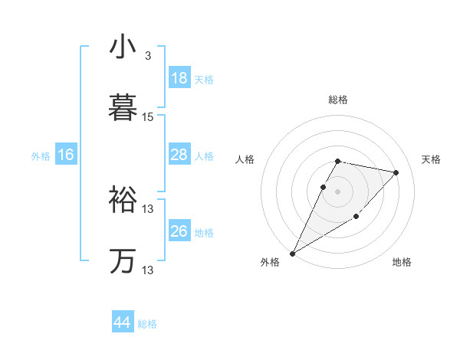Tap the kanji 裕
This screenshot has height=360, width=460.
[x=123, y=200]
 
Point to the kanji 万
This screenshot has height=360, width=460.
[x=123, y=261]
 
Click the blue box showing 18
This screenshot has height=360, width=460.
[x=179, y=78]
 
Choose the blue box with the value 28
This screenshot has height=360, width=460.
[x=179, y=155]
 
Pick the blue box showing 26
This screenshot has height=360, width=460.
[x=179, y=231]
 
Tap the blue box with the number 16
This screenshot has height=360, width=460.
[x=66, y=155]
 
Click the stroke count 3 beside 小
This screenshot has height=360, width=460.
[x=147, y=56]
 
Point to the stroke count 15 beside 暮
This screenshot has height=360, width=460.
[x=148, y=117]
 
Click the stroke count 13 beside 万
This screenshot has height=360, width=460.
[x=148, y=270]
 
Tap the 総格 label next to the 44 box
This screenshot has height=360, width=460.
[x=147, y=324]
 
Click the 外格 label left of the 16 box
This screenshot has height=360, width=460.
[x=41, y=156]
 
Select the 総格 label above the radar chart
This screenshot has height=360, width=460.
[x=338, y=100]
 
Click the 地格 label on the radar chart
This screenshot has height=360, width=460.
[x=402, y=262]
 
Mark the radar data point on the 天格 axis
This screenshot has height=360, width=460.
[x=396, y=172]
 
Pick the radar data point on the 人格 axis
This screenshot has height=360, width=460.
[x=324, y=187]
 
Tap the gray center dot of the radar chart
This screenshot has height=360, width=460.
[x=338, y=191]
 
